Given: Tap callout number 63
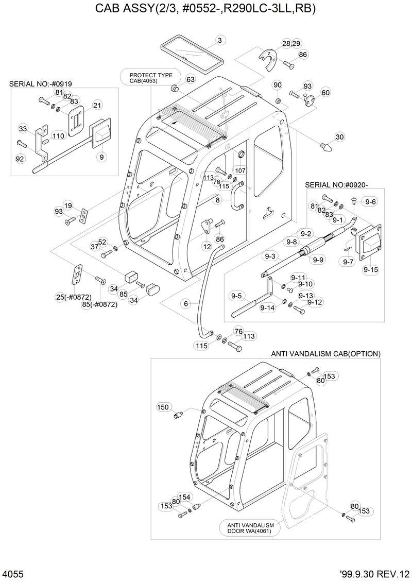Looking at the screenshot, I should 191,79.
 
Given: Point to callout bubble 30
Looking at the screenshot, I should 339,137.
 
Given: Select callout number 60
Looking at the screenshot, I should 325,93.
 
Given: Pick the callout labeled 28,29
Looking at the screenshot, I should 291,43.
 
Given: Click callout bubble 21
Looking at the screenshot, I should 96,106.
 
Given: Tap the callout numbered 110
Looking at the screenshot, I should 58,136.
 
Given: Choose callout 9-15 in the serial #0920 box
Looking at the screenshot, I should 371,269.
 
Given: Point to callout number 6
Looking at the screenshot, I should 186,304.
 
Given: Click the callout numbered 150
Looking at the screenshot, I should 163,407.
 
